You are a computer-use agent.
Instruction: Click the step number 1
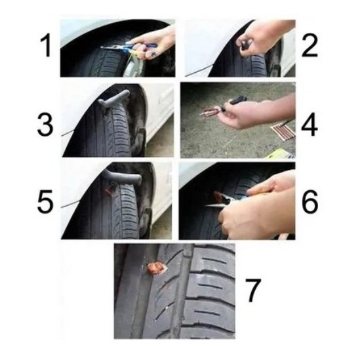(46, 46)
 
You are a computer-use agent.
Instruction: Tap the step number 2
(310, 46)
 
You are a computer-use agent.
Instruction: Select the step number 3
(45, 125)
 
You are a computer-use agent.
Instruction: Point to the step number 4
(310, 126)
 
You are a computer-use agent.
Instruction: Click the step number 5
(45, 201)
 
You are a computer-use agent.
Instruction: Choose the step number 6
(310, 201)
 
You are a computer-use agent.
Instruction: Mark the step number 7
(253, 290)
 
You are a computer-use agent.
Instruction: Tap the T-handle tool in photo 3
(113, 100)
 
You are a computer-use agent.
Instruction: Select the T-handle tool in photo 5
(123, 177)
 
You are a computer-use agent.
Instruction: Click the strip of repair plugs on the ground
(283, 131)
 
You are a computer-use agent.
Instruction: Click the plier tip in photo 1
(102, 47)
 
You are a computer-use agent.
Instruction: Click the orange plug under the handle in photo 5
(108, 190)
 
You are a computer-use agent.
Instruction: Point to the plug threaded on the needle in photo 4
(210, 112)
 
